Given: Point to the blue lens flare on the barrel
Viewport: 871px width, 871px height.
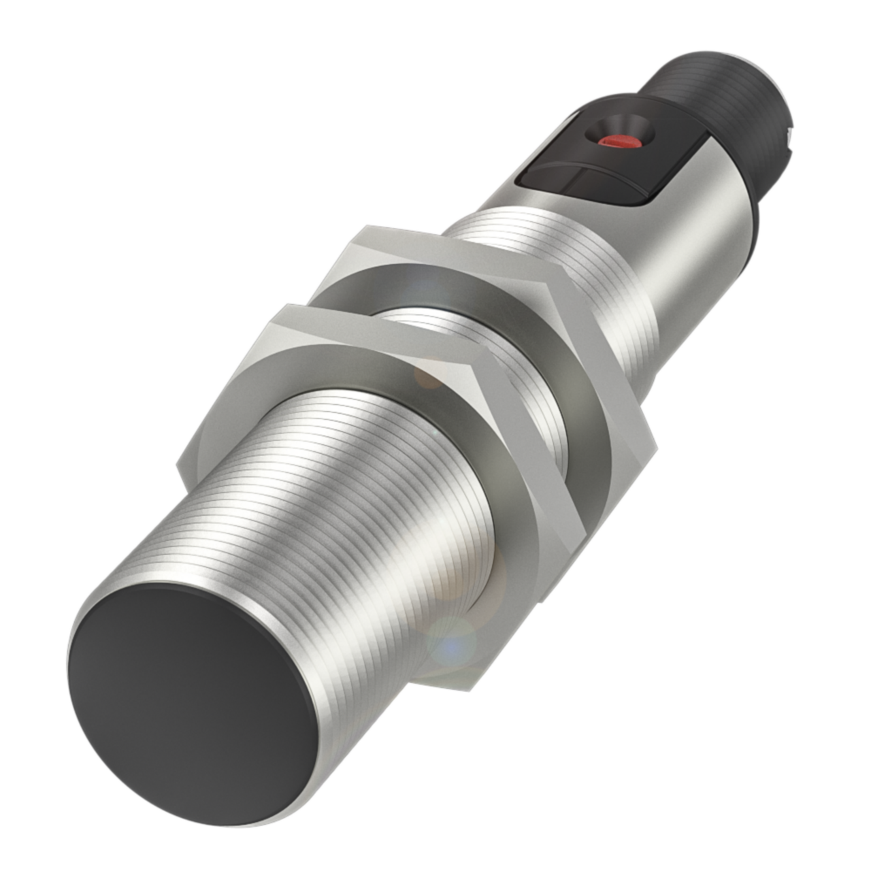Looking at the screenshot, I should point(455,646).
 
